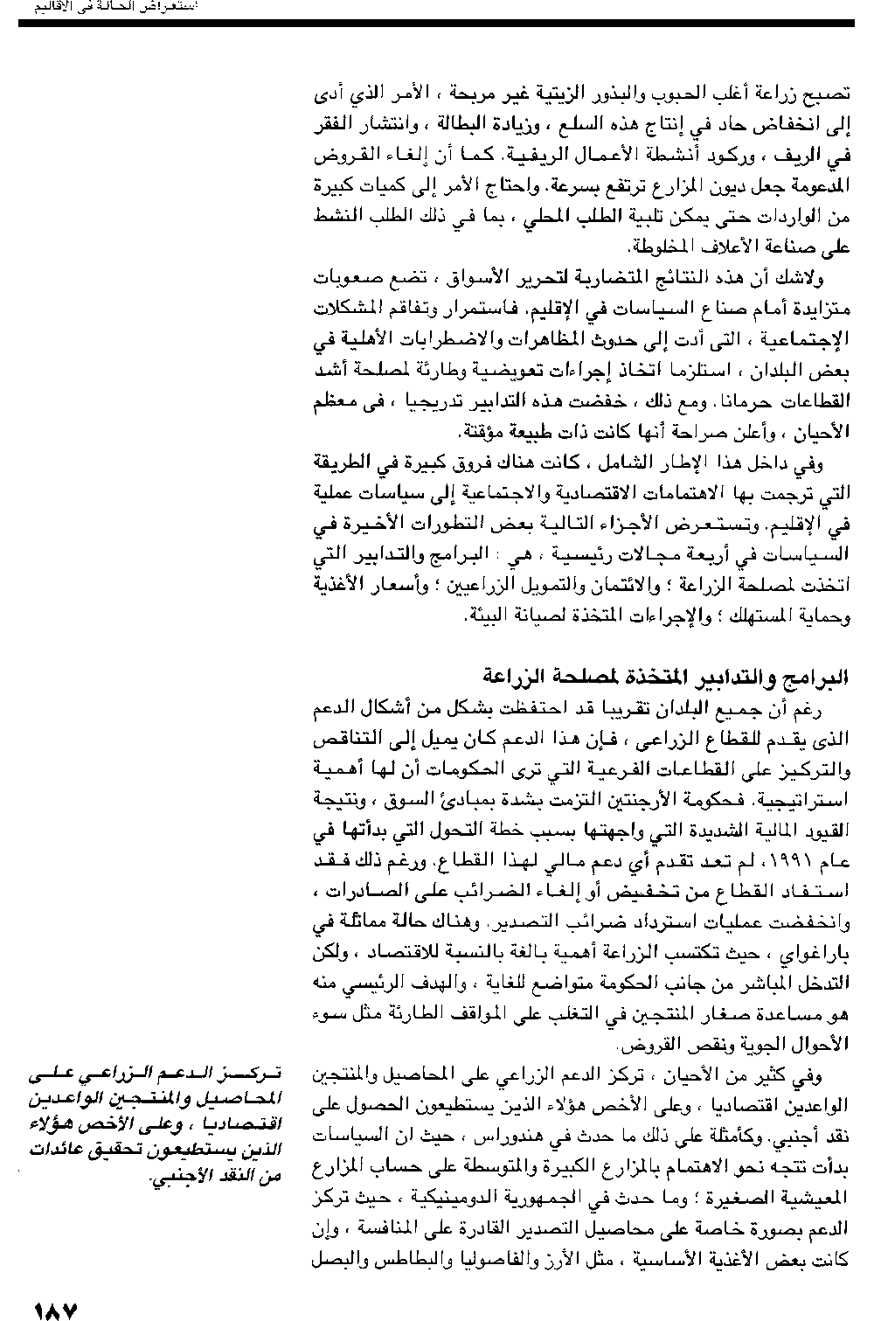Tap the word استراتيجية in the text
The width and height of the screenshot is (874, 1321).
click(x=801, y=800)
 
